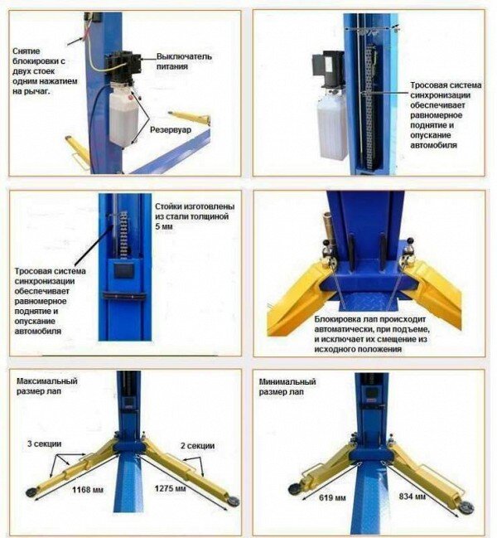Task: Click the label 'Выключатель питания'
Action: click(x=184, y=61)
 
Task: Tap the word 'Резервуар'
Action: click(x=171, y=130)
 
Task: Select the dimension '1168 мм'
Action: click(x=88, y=490)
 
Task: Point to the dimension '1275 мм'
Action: click(x=171, y=488)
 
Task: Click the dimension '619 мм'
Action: click(x=332, y=497)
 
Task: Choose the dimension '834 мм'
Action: click(x=413, y=497)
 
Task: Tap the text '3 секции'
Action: click(x=44, y=443)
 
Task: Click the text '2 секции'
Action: click(x=197, y=445)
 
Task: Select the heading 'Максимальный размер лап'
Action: click(x=47, y=386)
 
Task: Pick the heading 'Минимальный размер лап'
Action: click(x=287, y=386)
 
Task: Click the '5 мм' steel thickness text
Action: click(x=164, y=226)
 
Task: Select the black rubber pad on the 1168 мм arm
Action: click(x=31, y=492)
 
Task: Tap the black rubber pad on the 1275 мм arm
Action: click(x=234, y=502)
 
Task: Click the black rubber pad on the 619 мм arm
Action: click(x=294, y=488)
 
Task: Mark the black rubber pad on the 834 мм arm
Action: click(x=466, y=506)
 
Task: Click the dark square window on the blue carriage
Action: click(x=123, y=271)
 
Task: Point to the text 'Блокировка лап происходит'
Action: click(x=369, y=319)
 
